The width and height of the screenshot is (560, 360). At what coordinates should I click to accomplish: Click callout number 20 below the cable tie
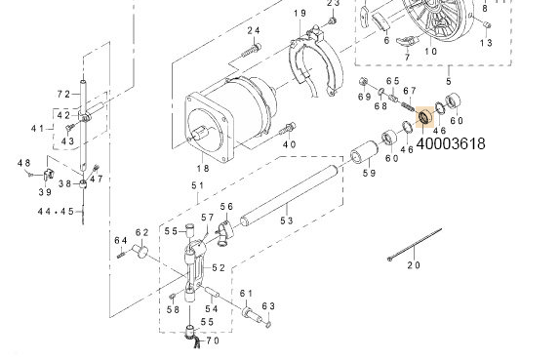tap(413, 264)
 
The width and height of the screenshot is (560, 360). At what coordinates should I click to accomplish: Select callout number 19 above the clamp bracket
tap(300, 13)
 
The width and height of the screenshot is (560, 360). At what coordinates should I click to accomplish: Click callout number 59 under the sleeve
tap(369, 174)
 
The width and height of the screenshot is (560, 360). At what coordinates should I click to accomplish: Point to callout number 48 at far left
tap(23, 162)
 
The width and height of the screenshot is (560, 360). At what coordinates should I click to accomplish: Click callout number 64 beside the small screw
tap(120, 240)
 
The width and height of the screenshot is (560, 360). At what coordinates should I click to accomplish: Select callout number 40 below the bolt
tap(288, 144)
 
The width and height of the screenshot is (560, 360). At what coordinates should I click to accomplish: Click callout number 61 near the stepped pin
tap(246, 294)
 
